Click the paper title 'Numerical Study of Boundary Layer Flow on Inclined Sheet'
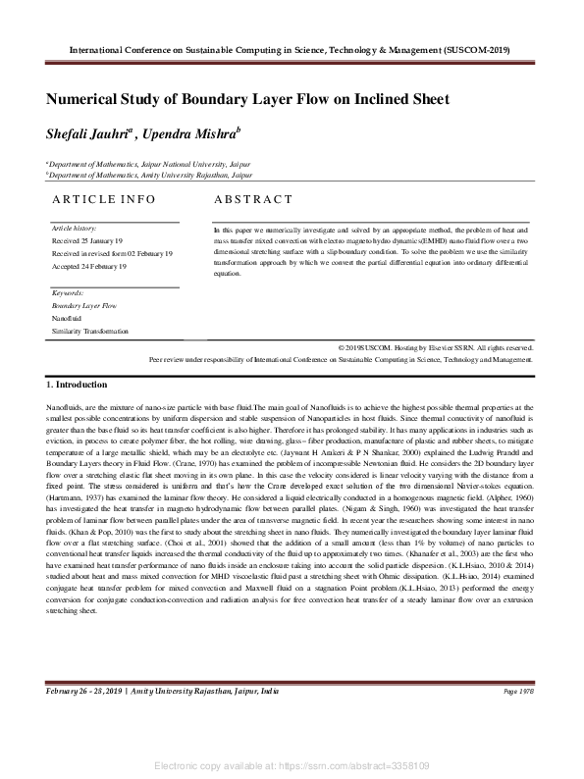[x=247, y=99]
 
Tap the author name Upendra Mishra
[x=198, y=133]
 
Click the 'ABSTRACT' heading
[x=253, y=199]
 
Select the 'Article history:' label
[x=74, y=228]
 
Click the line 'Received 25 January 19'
[x=87, y=240]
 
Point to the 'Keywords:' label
[x=68, y=293]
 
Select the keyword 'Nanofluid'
[x=67, y=319]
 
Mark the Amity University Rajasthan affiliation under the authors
[x=149, y=175]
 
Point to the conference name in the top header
[x=292, y=48]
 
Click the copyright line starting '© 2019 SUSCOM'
[x=435, y=347]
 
